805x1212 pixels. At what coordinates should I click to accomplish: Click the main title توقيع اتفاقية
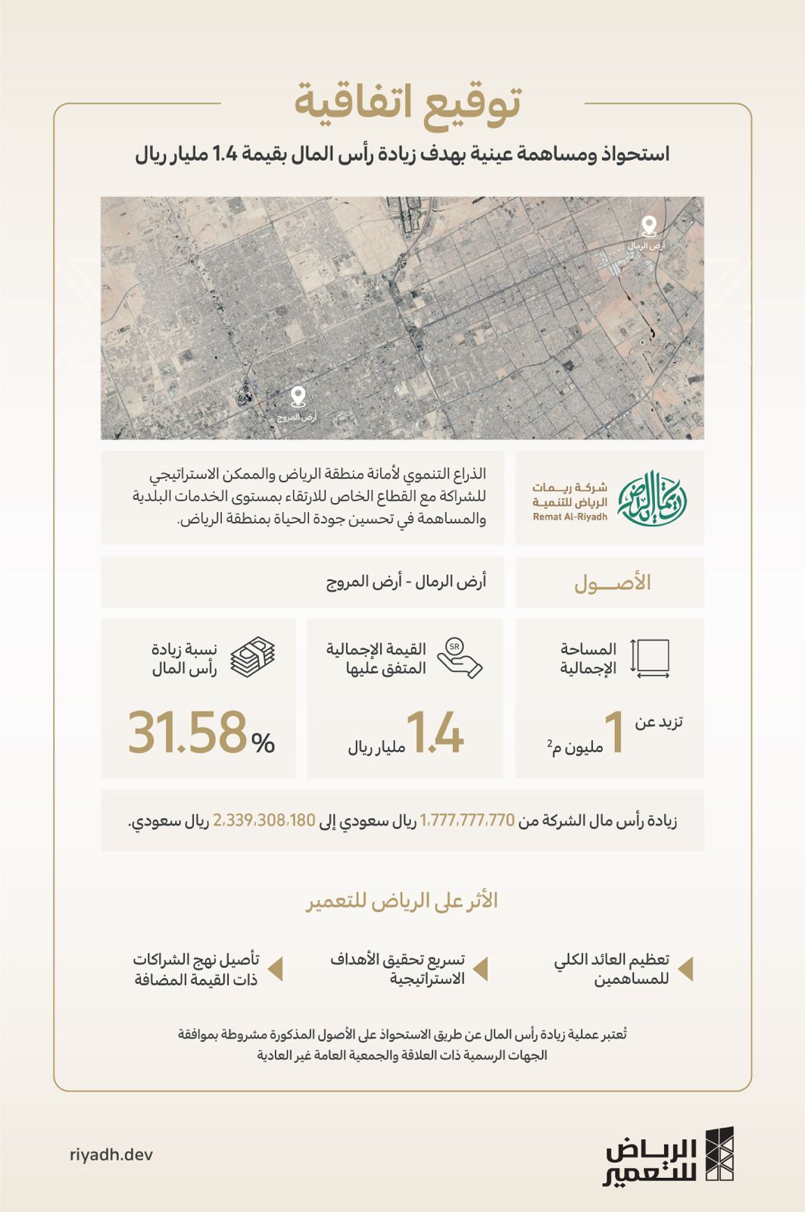tap(407, 104)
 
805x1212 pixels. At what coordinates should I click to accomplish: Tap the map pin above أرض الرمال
tap(648, 226)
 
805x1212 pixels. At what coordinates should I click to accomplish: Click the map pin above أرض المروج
tap(298, 396)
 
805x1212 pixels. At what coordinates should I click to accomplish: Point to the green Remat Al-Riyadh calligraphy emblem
tap(652, 498)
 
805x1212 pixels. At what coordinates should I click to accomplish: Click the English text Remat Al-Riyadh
tap(569, 517)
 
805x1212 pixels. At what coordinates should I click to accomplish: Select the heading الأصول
tap(612, 583)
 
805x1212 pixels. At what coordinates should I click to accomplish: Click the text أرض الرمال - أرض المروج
tap(406, 582)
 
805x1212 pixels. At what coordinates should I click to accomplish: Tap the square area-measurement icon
tap(650, 658)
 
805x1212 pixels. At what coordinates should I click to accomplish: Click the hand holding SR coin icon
tap(459, 657)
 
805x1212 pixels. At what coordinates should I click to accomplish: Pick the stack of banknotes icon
tap(252, 657)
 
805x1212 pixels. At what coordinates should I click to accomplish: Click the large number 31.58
tap(187, 733)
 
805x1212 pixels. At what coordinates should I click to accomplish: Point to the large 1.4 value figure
tap(435, 733)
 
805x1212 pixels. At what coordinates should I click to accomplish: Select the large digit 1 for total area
tap(614, 733)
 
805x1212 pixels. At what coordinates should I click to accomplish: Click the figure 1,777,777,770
tap(467, 820)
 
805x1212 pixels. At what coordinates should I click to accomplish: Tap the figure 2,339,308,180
tap(264, 820)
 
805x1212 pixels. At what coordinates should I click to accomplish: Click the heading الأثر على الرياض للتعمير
tap(402, 901)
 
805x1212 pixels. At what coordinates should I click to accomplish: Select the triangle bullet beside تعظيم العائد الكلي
tap(685, 969)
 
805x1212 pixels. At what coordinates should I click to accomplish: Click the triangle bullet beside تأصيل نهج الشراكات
tap(276, 969)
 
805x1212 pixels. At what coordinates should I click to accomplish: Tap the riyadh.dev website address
tap(111, 1154)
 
